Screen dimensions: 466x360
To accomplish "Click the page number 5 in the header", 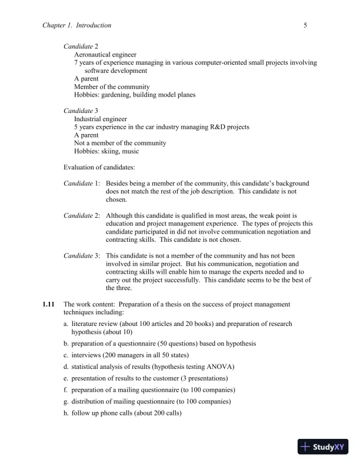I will pyautogui.click(x=306, y=26).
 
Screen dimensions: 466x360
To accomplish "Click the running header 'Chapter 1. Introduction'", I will pyautogui.click(x=77, y=26).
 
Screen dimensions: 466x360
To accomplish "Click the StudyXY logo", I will pyautogui.click(x=324, y=447).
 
